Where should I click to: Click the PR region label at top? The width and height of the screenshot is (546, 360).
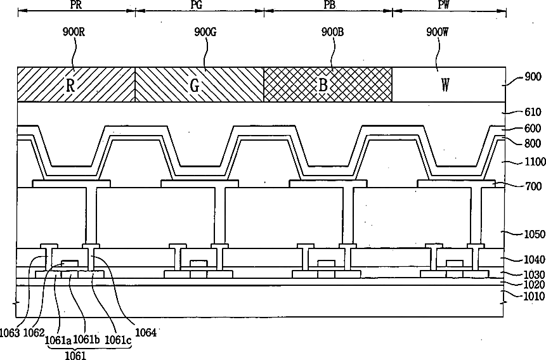(x=75, y=4)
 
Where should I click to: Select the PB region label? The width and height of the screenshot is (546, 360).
(x=328, y=4)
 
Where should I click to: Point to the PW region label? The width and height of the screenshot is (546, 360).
(x=449, y=4)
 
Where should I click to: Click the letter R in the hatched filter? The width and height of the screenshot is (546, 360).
(x=71, y=86)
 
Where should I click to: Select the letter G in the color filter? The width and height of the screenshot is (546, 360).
(x=195, y=86)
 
